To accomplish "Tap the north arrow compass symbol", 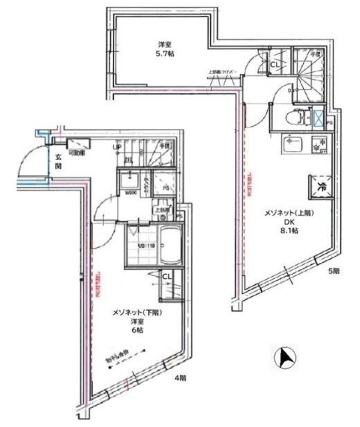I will point(286,358).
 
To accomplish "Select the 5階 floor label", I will point(334,272).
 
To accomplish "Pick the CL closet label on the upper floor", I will point(275,65).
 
